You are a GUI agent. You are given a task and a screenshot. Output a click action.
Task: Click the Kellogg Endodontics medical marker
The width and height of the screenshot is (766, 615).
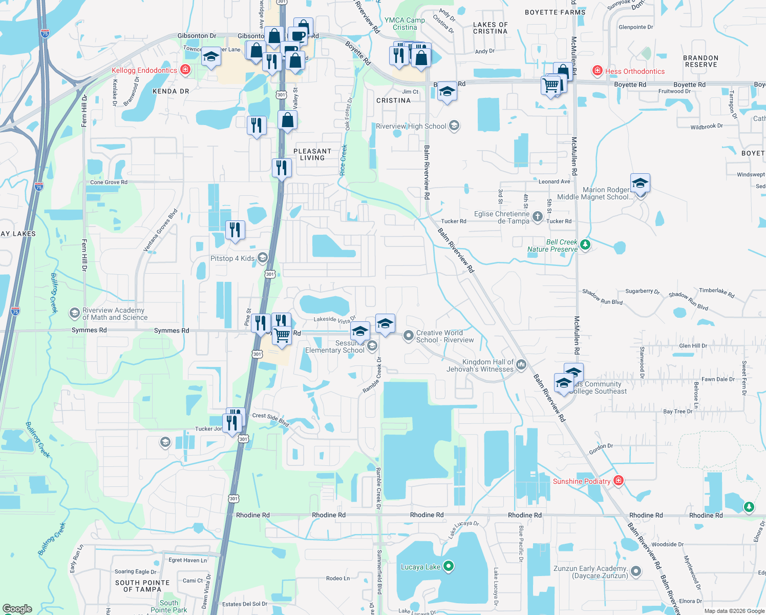point(185,70)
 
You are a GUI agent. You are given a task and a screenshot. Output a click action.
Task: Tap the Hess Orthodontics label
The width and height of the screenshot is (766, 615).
point(635,71)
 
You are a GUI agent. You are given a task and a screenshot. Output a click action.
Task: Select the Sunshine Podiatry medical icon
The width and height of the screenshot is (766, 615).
point(619,481)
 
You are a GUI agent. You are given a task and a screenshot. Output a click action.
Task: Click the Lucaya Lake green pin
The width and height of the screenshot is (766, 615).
point(449,566)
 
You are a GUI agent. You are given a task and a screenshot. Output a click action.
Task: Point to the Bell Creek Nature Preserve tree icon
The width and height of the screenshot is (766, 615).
point(585,244)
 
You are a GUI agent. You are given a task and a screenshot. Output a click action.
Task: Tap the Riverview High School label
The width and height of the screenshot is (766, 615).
point(411,126)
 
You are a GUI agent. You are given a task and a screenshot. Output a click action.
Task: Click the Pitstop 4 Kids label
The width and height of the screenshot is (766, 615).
point(232,258)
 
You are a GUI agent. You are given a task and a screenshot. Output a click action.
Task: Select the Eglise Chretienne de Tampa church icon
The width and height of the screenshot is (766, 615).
point(537,216)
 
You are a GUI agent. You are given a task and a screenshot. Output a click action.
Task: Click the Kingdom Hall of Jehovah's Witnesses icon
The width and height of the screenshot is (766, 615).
point(521,364)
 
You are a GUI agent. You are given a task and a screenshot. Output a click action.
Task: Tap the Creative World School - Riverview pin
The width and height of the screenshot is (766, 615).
point(408,336)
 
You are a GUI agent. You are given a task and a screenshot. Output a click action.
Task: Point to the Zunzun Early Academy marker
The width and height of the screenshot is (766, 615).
point(636,570)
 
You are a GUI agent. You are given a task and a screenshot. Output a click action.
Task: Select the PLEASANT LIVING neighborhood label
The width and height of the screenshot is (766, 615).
point(312,154)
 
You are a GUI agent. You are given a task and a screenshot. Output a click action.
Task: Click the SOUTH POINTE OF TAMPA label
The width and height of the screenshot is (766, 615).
point(142,586)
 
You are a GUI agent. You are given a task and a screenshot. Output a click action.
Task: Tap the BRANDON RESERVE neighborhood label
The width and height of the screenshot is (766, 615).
point(701,61)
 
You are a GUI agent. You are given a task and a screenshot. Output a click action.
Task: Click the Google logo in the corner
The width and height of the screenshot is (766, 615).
point(17,609)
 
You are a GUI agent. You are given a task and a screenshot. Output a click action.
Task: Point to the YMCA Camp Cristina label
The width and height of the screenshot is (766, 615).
point(405,24)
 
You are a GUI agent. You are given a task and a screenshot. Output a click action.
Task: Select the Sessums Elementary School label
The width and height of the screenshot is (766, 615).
point(335,347)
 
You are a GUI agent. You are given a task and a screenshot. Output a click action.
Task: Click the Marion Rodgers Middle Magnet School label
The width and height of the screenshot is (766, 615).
point(595,193)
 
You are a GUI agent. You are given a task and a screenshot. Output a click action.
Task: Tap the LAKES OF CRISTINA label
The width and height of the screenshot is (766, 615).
point(490,28)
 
